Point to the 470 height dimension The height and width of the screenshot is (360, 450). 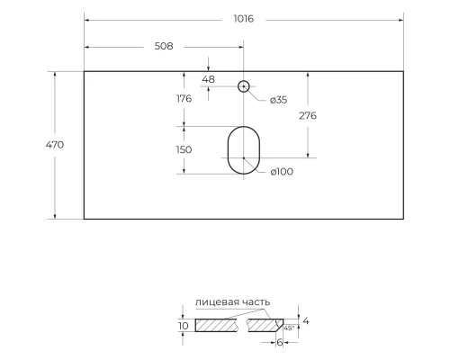[x=54, y=144]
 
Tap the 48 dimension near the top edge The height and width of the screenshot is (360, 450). [x=209, y=79]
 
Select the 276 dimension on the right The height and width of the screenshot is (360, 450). [x=307, y=116]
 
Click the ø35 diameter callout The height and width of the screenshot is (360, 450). [x=275, y=100]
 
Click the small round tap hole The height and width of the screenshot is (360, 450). [x=243, y=86]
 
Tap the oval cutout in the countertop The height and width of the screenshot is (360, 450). [x=242, y=150]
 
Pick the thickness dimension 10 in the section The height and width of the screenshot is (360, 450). [x=183, y=325]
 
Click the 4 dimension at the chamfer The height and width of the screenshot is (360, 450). [x=307, y=319]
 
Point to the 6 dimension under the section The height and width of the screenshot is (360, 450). [x=279, y=343]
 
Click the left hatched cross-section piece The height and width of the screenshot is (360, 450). [x=218, y=325]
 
